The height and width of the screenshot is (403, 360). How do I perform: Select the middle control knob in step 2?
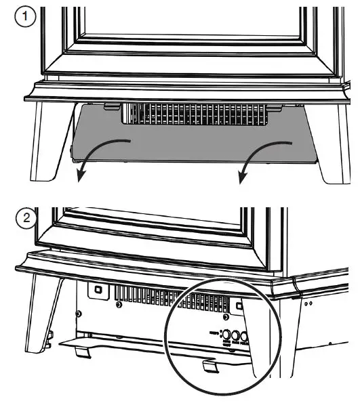[x=238, y=335]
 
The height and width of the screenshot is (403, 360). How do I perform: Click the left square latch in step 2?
[x=98, y=289]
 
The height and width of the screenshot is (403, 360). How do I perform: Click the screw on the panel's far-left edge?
[x=79, y=314]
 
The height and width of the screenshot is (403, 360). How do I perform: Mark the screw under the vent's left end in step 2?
[x=120, y=305]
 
